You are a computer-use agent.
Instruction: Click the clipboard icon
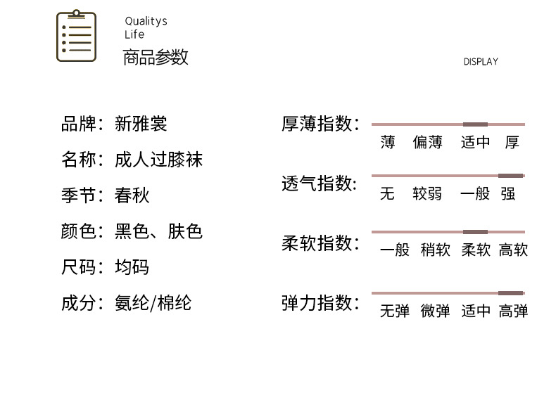pos(76,37)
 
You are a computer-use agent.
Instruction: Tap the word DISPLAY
pos(481,62)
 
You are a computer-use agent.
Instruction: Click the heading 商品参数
pos(156,58)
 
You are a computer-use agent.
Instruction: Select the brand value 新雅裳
pos(141,124)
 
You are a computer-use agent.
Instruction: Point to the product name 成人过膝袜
pos(158,160)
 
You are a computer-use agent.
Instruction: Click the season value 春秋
pos(132,195)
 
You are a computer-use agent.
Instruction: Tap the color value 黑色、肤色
pos(158,231)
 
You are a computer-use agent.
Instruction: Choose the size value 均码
pos(132,267)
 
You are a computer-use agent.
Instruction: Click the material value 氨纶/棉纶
pos(153,303)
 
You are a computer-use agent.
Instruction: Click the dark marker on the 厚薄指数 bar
pos(475,124)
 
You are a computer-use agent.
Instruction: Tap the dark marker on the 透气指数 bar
pos(511,176)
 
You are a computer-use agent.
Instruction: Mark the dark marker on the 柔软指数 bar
pos(475,232)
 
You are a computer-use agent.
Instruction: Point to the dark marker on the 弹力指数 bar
pos(511,293)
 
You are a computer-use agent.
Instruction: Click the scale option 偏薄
pos(428,143)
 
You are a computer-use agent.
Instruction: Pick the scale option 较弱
pos(428,193)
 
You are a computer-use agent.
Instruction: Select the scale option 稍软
pos(435,250)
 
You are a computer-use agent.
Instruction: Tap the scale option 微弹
pos(435,311)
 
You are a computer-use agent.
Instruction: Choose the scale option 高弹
pos(513,311)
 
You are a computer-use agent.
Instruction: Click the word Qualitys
pos(146,21)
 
